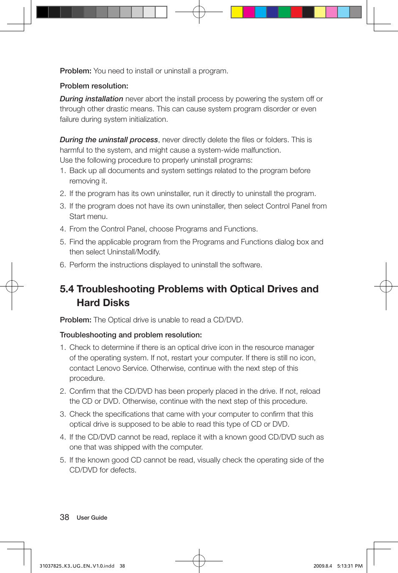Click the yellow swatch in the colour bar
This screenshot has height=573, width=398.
point(237,12)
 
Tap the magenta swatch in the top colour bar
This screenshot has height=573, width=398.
point(249,12)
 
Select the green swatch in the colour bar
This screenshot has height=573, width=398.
point(284,12)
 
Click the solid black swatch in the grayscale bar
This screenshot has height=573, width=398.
point(43,12)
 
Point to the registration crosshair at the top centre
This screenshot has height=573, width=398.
point(199,12)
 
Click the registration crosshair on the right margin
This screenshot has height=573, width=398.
point(386,286)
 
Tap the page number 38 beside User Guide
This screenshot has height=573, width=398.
point(64,517)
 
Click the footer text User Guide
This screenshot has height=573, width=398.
point(92,518)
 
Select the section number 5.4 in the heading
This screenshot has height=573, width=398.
point(67,289)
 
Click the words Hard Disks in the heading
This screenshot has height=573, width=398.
point(103,303)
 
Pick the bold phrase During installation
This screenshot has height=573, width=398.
point(91,99)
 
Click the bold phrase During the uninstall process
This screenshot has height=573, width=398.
point(109,140)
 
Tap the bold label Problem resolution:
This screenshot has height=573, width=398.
point(94,86)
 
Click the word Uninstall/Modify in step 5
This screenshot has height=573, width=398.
point(133,252)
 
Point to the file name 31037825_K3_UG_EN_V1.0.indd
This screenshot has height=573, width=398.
point(77,566)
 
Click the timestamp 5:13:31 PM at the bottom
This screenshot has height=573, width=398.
point(350,566)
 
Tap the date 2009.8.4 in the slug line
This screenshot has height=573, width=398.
point(322,566)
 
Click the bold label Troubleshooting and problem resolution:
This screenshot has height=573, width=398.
point(131,335)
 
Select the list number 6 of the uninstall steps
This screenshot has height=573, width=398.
point(63,265)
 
